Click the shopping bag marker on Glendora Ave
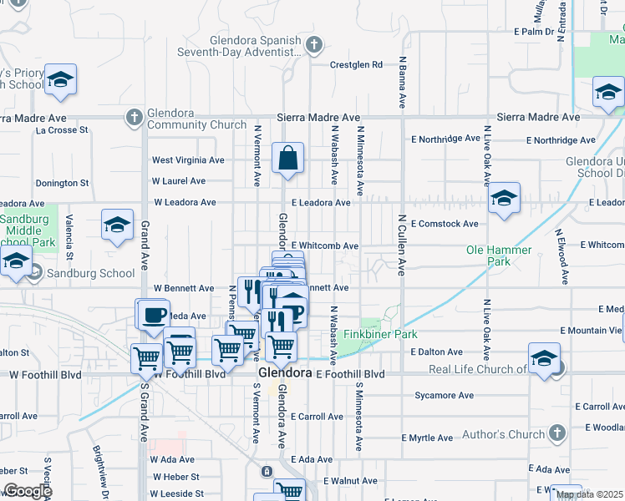point(287,159)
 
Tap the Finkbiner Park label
point(388,334)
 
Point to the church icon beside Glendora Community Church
point(134,119)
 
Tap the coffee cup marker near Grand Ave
point(152,316)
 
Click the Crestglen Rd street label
point(356,64)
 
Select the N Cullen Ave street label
point(402,245)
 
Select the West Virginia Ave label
point(188,160)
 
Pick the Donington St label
point(62,183)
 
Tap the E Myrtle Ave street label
point(427,438)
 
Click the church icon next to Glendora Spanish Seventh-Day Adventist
point(313,44)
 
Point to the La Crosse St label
point(62,130)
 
